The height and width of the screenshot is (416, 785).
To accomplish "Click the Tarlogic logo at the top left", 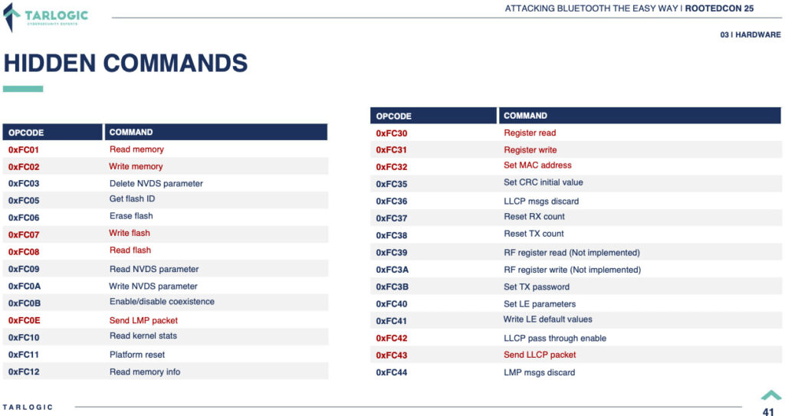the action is pos(46,17).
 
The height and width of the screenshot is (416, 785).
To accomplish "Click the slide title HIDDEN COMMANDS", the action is pos(126,64).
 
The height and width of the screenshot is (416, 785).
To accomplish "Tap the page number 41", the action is pos(768,411).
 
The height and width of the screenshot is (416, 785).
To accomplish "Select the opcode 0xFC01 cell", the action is pos(24,149).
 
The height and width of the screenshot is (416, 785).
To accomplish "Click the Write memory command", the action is pos(136,166).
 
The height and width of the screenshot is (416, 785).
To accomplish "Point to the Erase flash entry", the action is pos(131,216).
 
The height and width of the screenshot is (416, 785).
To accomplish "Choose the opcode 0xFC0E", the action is pos(24,320).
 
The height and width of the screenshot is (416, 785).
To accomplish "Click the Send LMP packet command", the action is pos(143,320).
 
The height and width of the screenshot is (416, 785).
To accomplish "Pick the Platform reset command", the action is pos(137,355).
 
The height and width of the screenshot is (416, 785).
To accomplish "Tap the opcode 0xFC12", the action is pos(24,372).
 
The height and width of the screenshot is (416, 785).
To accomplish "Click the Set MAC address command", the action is pos(537,165).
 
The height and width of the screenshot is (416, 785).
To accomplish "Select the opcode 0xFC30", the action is pos(392,133).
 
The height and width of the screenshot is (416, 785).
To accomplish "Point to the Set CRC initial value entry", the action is pos(544,182).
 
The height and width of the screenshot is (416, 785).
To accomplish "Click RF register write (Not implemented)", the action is pos(572,270).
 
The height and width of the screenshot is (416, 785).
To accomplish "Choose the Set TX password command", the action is pos(536,287).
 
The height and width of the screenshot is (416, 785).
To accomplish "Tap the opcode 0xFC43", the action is pos(392,355).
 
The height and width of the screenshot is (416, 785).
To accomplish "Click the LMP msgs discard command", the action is pos(539,372).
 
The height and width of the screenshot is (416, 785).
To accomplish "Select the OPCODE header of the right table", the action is pos(393,116).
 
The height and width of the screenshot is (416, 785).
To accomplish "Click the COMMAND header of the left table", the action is pos(130,133).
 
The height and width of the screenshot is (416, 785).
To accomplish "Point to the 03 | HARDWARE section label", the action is pos(751,34).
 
